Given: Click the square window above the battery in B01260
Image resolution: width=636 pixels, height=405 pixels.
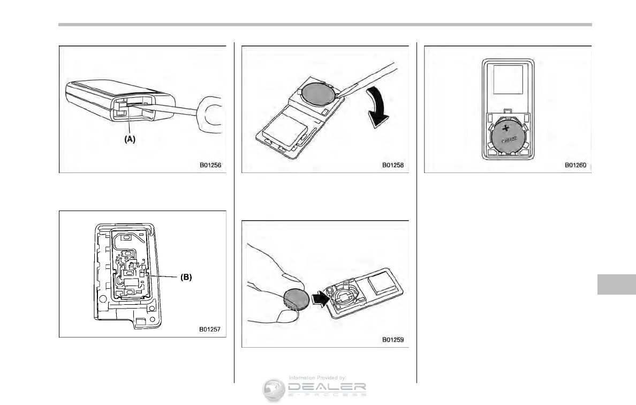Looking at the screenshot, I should pos(506,80).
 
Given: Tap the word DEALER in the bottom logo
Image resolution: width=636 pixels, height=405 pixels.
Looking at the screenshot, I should pos(327,386).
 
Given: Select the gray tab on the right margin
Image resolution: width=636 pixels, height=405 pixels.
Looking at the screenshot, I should pos(616,277).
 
